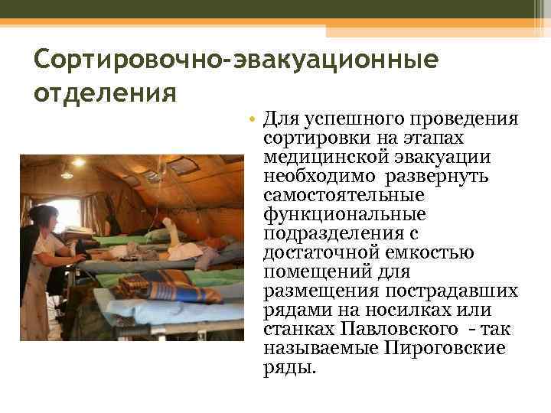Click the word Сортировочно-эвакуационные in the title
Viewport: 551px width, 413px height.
click(x=236, y=59)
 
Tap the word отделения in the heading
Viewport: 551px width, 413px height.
click(x=106, y=93)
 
